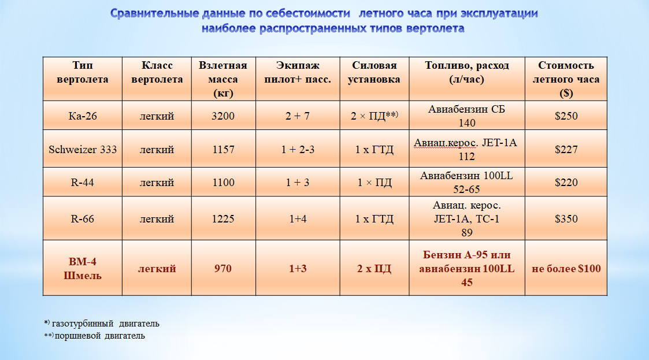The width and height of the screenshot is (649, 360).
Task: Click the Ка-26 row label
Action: tap(83, 116)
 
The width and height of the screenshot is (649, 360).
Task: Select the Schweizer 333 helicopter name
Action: tap(83, 150)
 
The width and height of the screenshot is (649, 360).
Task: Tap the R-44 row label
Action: tap(83, 183)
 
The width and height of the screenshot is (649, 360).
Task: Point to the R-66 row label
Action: tap(83, 219)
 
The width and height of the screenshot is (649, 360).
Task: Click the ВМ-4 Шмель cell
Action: tap(83, 269)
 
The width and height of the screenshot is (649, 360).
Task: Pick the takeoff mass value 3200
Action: tap(223, 116)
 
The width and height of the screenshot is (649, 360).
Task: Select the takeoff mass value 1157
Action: tap(223, 150)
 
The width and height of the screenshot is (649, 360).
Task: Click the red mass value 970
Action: tap(222, 269)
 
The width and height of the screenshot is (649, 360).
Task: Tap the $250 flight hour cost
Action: tap(566, 116)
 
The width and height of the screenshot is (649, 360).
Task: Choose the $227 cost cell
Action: tap(566, 150)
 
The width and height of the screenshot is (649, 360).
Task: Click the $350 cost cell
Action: tap(566, 219)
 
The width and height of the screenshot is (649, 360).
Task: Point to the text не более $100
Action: tap(566, 269)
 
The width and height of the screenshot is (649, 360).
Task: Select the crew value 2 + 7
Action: tap(298, 116)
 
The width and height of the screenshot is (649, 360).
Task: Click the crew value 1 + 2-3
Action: tap(298, 150)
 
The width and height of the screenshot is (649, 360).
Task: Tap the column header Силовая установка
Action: tap(374, 72)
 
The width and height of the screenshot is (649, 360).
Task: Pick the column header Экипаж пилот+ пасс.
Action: tap(298, 72)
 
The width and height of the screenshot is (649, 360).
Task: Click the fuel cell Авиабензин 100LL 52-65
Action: tap(466, 183)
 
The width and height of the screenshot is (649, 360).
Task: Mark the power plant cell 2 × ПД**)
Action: tap(374, 116)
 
